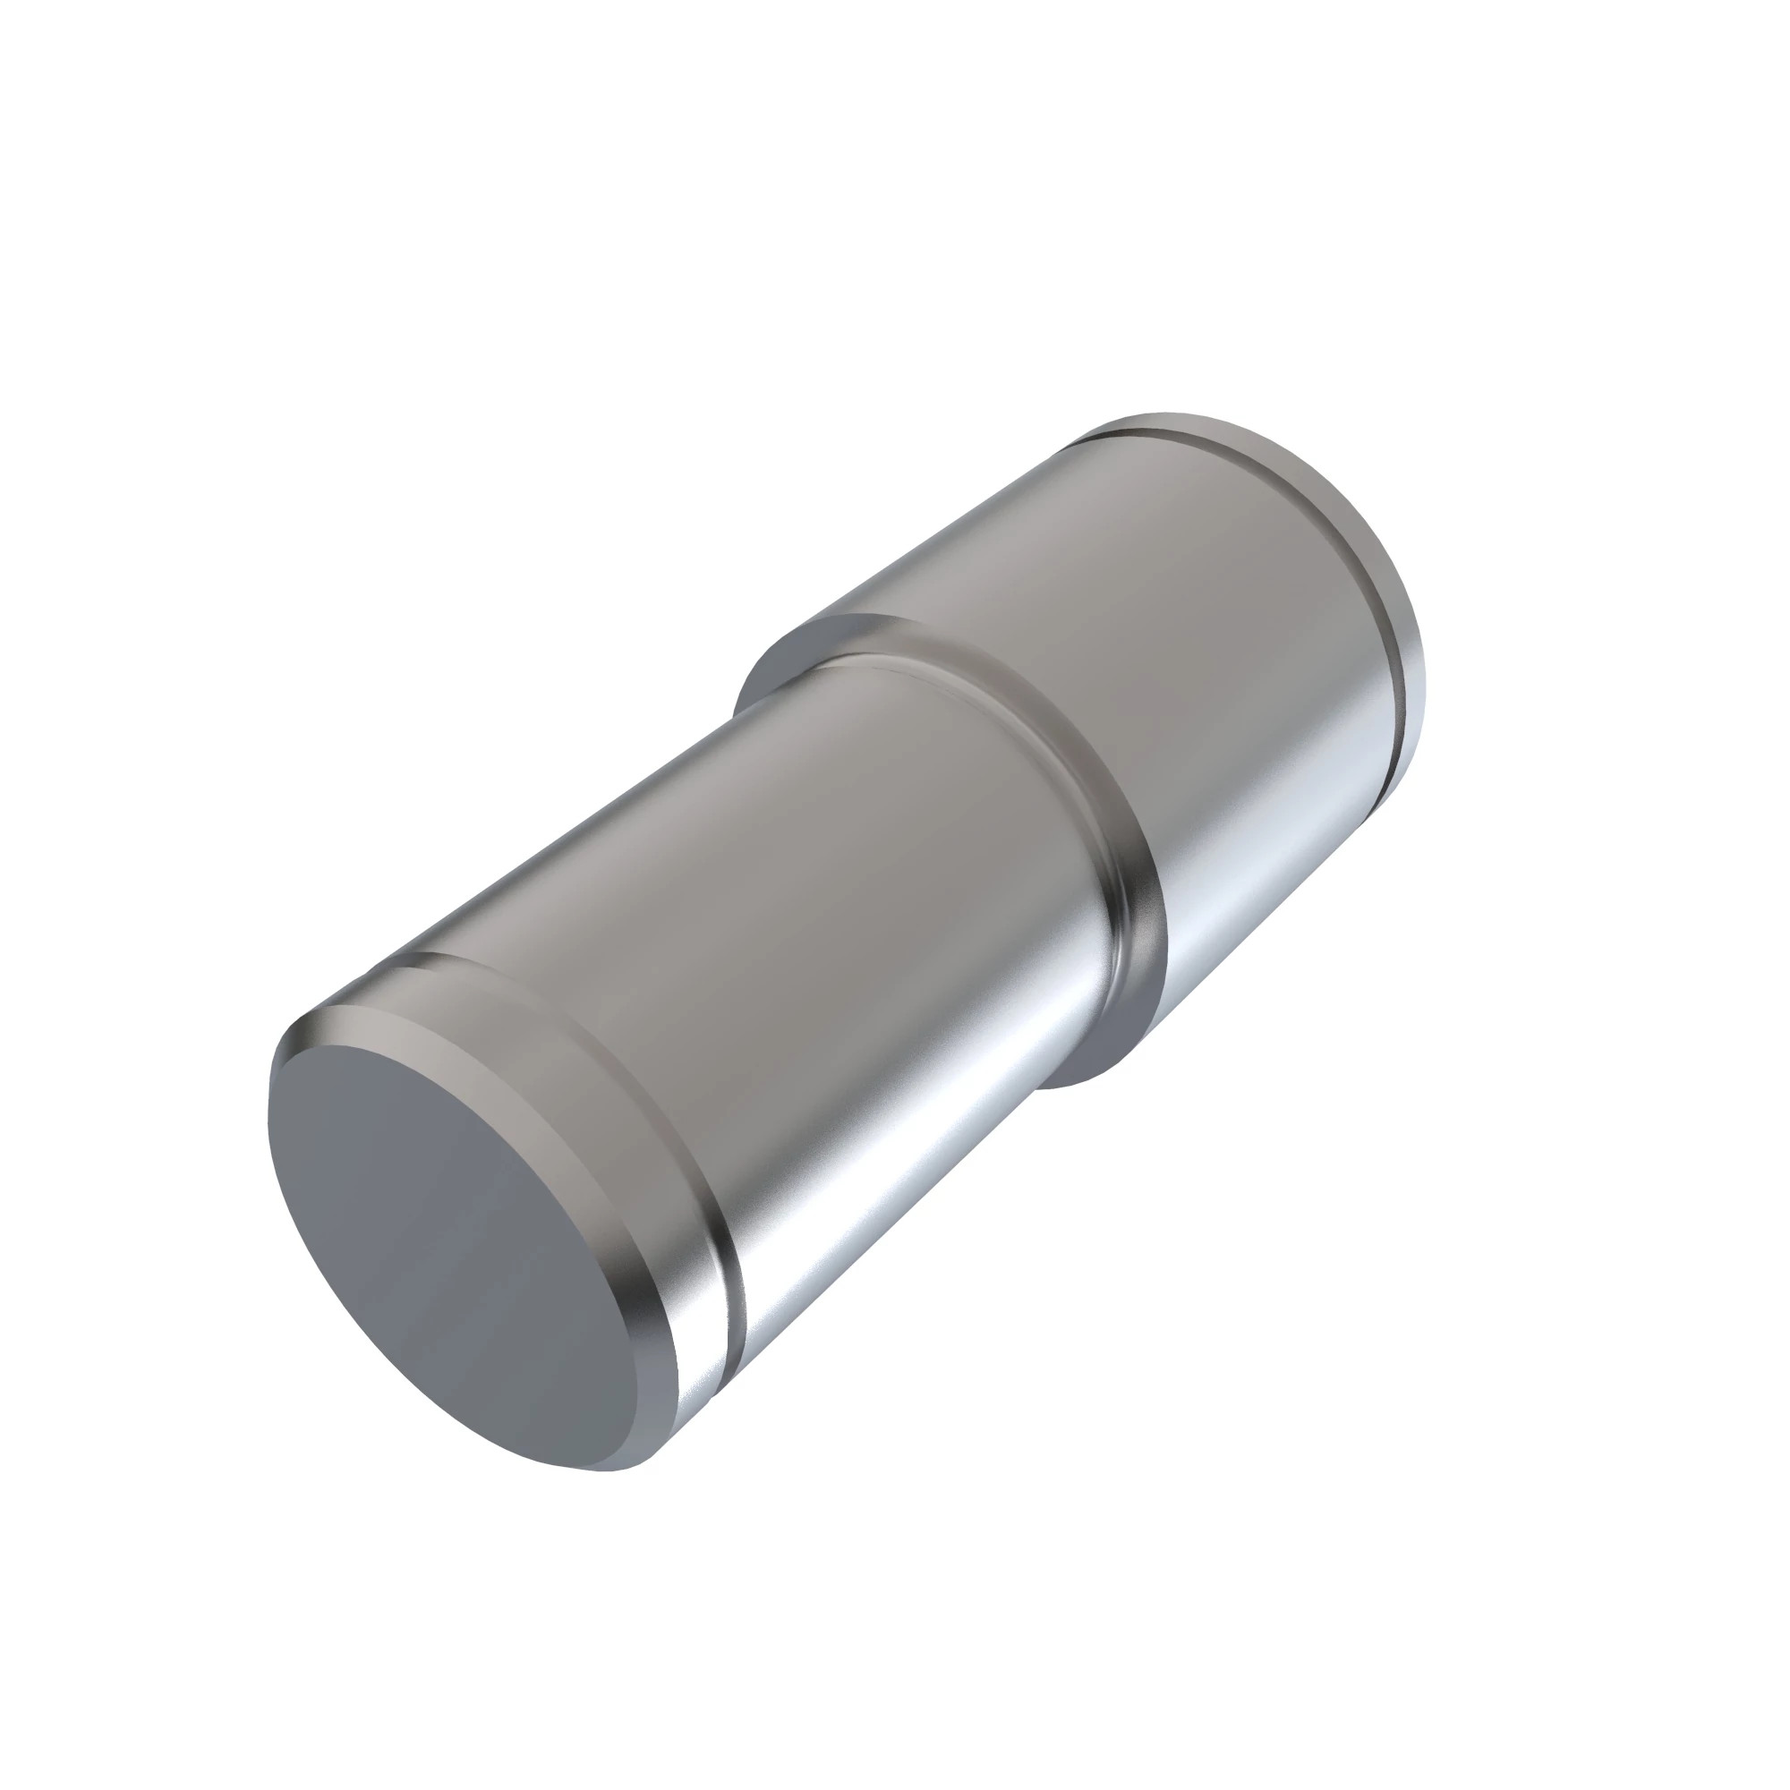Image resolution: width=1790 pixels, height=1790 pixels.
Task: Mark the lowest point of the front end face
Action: click(602, 1470)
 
